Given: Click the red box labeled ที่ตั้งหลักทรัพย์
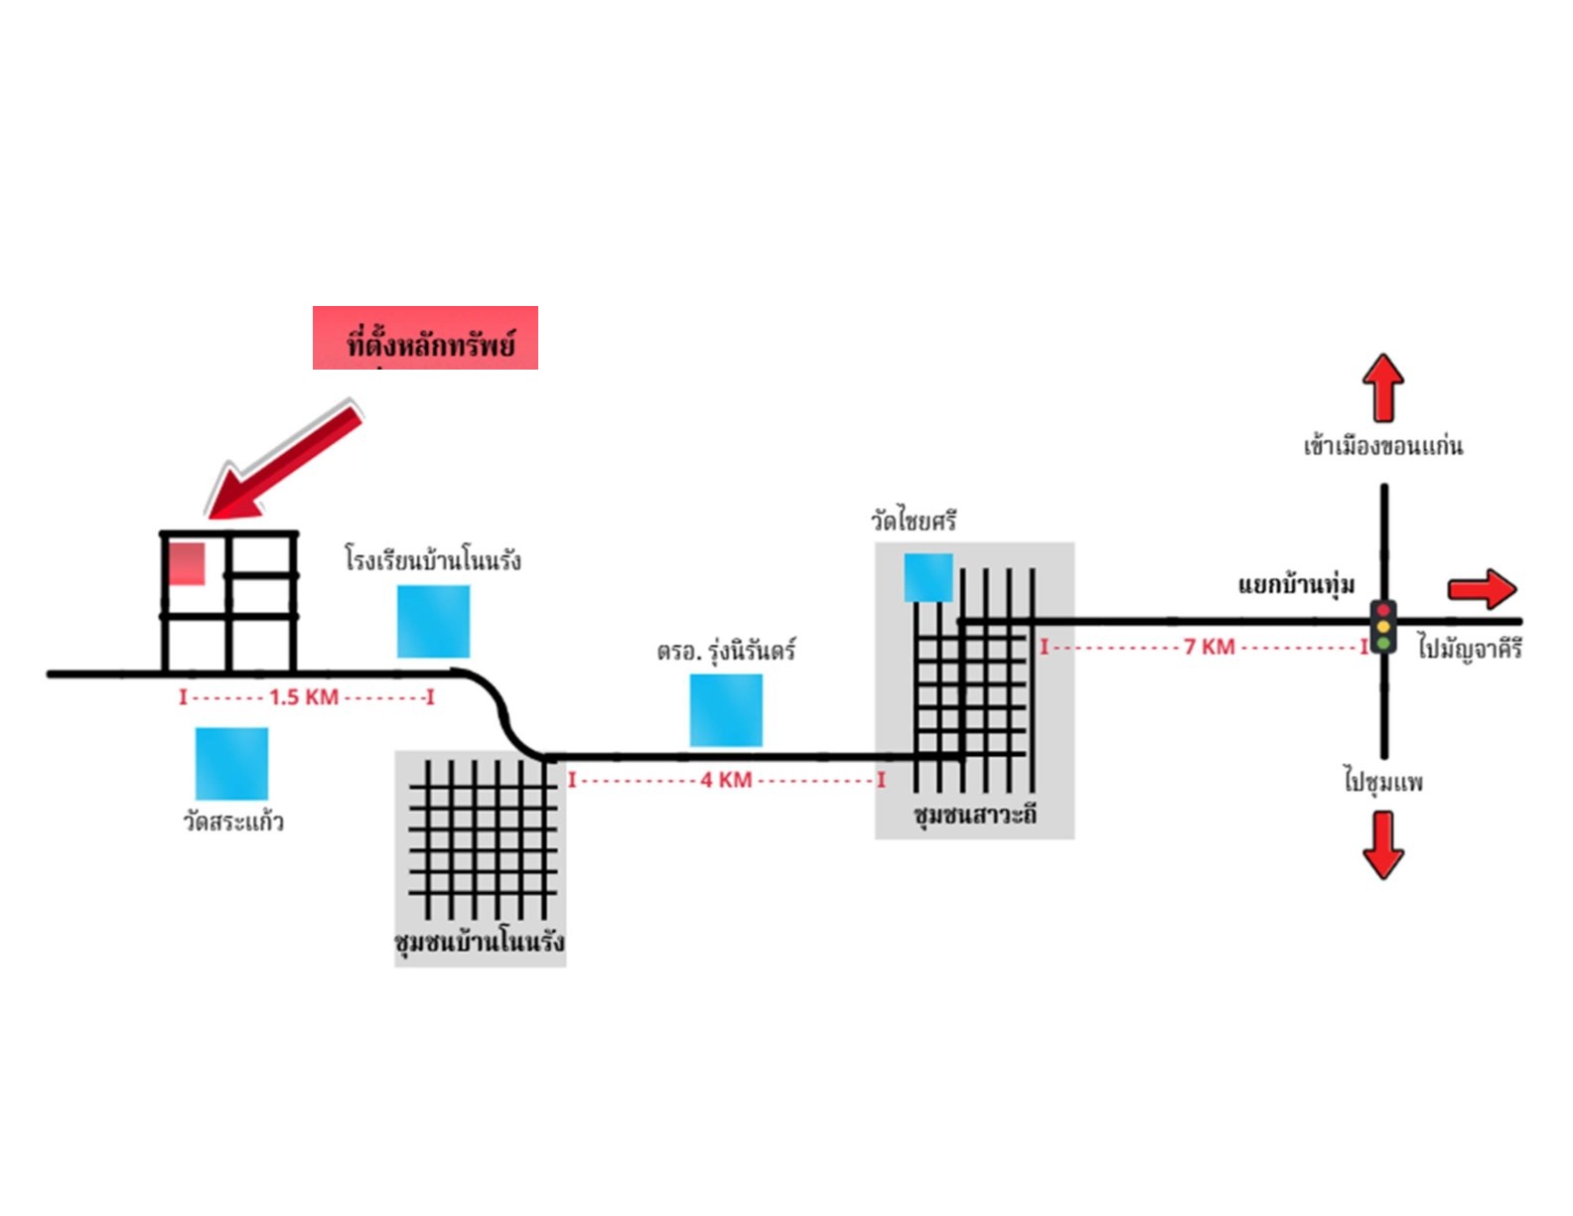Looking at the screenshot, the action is pyautogui.click(x=425, y=338).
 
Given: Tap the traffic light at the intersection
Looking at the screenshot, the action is pyautogui.click(x=1382, y=627).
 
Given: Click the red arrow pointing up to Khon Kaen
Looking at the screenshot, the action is pyautogui.click(x=1382, y=387).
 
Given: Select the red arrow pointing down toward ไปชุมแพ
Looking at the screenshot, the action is pyautogui.click(x=1382, y=845).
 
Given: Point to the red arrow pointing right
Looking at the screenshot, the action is pyautogui.click(x=1482, y=589).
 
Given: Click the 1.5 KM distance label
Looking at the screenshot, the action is pyautogui.click(x=304, y=697).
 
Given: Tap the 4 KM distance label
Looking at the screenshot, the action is pyautogui.click(x=726, y=780).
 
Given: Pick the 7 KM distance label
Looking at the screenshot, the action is pyautogui.click(x=1209, y=647).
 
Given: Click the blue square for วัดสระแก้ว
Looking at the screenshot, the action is pyautogui.click(x=231, y=763).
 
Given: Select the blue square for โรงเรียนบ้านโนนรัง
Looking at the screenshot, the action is pyautogui.click(x=434, y=621).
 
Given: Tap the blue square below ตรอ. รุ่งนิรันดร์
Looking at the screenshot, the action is pyautogui.click(x=726, y=709).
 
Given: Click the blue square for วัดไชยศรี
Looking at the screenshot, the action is pyautogui.click(x=929, y=577).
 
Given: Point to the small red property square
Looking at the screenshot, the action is pyautogui.click(x=187, y=563).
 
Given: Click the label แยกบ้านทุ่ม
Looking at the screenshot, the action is pyautogui.click(x=1296, y=585).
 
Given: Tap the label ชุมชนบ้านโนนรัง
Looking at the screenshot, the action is pyautogui.click(x=480, y=942).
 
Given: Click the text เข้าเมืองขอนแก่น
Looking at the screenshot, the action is pyautogui.click(x=1382, y=445).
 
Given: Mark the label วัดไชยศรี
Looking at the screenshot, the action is pyautogui.click(x=914, y=520).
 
